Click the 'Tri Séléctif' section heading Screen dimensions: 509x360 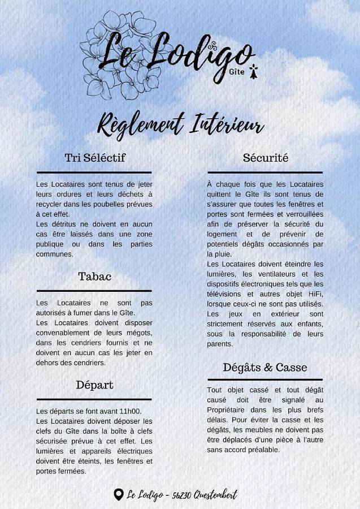[x=94, y=158]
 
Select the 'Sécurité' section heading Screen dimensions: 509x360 [x=266, y=158]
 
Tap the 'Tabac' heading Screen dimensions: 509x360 [x=94, y=277]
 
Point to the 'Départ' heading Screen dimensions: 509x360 [x=94, y=385]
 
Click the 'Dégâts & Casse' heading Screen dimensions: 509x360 [x=265, y=367]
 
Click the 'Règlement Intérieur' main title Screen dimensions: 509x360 [x=181, y=124]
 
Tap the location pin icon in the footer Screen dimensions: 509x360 [x=118, y=495]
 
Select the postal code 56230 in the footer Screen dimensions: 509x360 [x=181, y=495]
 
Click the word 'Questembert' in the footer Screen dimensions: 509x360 [x=215, y=495]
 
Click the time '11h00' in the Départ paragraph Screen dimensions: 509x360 [x=131, y=411]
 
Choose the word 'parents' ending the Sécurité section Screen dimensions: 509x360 [x=220, y=344]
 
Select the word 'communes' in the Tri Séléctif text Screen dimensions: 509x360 [x=54, y=255]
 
